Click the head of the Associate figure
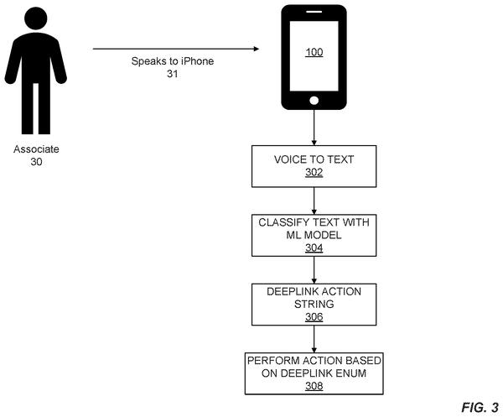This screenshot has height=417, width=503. pos(35,18)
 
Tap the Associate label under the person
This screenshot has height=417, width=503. pos(36,149)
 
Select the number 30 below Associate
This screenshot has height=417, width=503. pos(36,161)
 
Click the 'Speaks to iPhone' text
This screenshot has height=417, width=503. pos(173,61)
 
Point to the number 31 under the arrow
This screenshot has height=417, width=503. pos(172,74)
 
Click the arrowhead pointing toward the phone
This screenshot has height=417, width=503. pos(256,49)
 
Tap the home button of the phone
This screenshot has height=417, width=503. pos(314,101)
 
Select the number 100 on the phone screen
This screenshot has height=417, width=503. pos(314,52)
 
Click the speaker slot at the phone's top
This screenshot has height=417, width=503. pos(314,12)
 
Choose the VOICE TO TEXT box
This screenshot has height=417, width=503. pos(314,166)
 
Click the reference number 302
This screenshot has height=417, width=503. pos(314,172)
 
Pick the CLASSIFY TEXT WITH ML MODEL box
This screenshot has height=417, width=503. pos(314,235)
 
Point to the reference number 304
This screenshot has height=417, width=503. pos(314,248)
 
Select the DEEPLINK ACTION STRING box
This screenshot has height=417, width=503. pos(314,305)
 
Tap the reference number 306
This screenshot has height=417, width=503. pos(314,317)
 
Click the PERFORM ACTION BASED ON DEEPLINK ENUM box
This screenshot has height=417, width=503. pos(314,373)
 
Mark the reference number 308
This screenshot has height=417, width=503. pos(314,386)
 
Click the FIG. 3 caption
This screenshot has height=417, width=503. pos(480,408)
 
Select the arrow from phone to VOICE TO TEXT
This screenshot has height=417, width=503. pos(314,128)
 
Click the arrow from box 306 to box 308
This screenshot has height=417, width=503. pos(314,339)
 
